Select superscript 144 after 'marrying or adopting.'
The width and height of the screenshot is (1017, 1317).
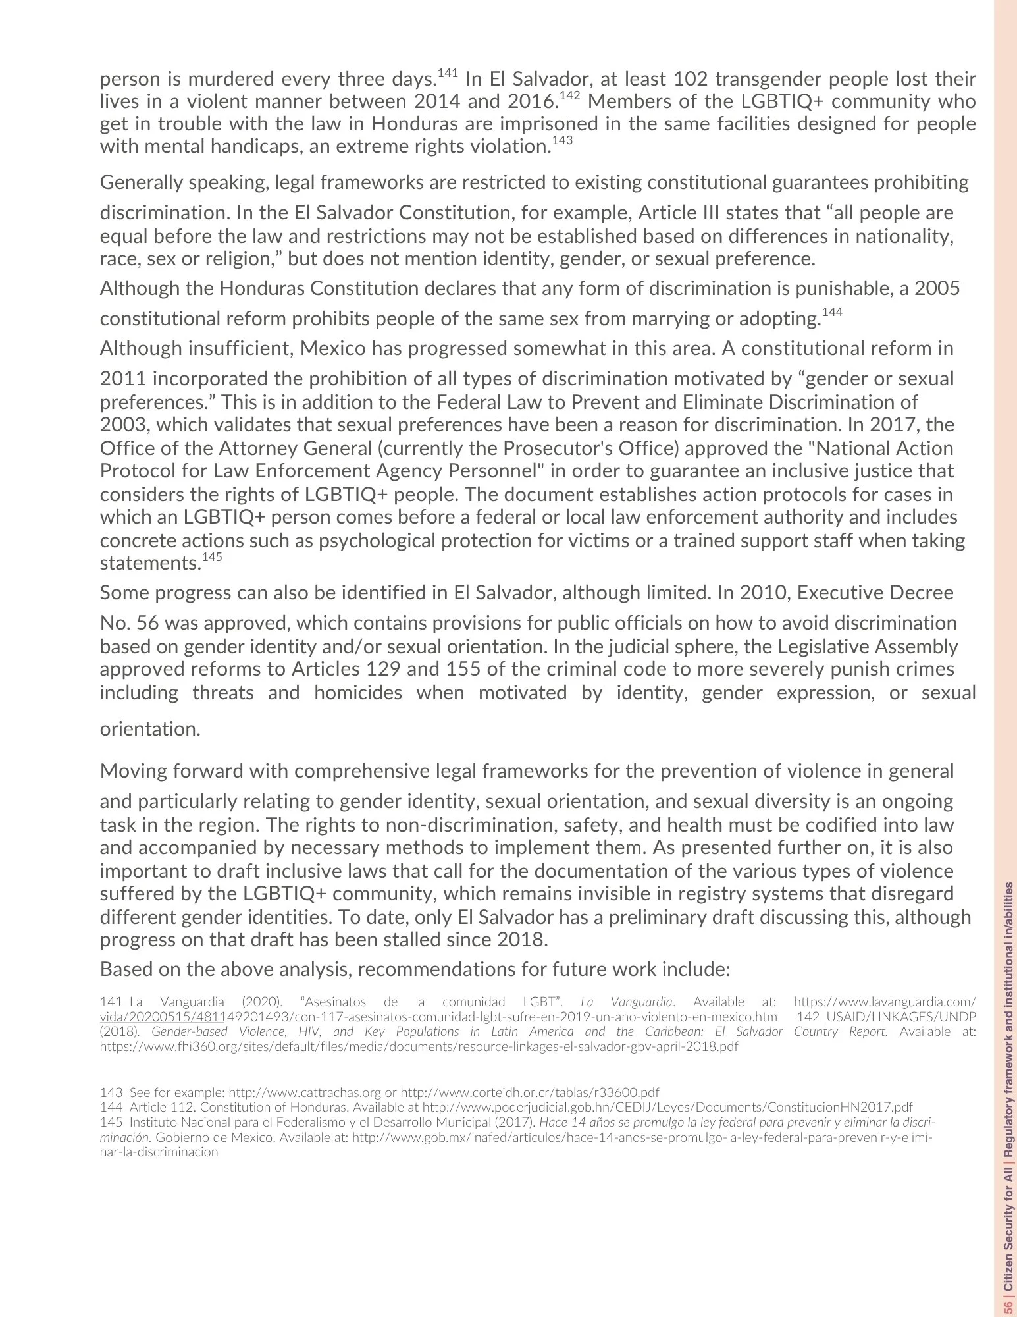click(832, 312)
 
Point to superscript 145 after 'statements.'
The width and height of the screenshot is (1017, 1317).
click(212, 557)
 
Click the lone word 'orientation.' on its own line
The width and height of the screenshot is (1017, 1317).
click(150, 729)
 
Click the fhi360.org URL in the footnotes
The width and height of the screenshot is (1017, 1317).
click(419, 1046)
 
